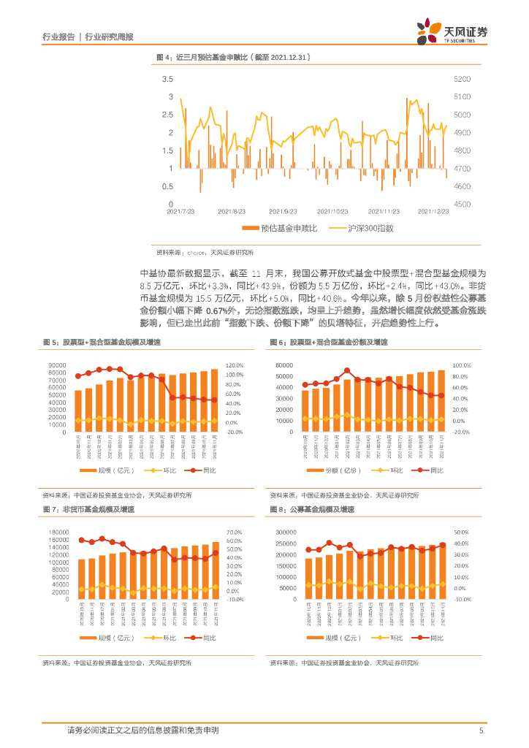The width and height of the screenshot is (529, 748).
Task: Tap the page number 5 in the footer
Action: [481, 730]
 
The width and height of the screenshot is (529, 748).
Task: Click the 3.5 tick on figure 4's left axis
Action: [167, 79]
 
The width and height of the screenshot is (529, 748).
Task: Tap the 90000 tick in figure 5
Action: [58, 365]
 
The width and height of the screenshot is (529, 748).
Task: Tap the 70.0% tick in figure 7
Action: [235, 533]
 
